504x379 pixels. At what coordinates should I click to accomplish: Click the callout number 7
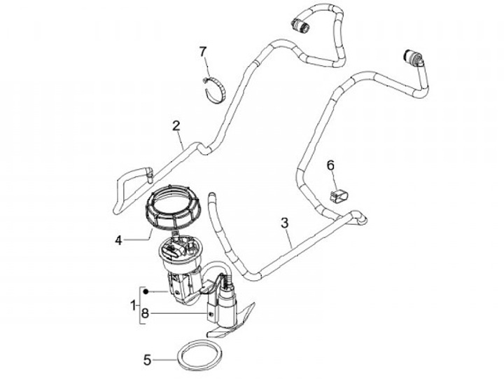pos(203,51)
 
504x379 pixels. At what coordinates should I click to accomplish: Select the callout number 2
pos(177,126)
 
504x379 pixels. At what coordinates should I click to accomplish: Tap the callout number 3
pos(284,223)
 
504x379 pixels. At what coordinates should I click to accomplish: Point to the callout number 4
pos(119,240)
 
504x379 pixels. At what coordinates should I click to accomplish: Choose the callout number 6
pos(331,165)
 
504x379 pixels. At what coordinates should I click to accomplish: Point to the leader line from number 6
pos(333,179)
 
